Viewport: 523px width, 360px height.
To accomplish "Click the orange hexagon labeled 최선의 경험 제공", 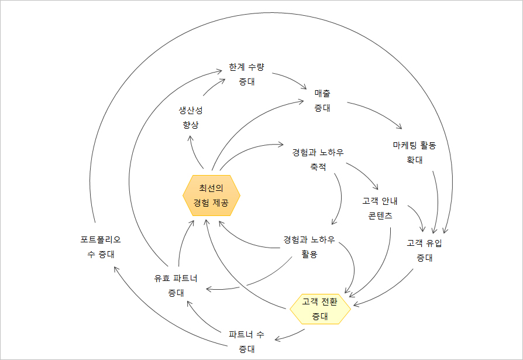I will coord(211,196).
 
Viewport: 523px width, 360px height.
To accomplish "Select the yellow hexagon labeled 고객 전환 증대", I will coord(320,308).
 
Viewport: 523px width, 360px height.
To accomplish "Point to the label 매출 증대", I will coord(322,100).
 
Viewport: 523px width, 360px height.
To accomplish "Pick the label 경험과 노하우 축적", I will coord(318,160).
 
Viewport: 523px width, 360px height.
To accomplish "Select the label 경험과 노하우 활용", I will coord(309,246).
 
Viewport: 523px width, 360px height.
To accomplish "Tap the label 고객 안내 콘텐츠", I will coord(380,208).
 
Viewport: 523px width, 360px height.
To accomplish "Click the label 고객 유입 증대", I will coord(424,250).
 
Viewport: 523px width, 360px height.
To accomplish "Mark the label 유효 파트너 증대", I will coord(176,285).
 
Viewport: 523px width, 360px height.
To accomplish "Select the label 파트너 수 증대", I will coord(246,342).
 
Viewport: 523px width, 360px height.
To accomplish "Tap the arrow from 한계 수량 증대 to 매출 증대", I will coord(290,80).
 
